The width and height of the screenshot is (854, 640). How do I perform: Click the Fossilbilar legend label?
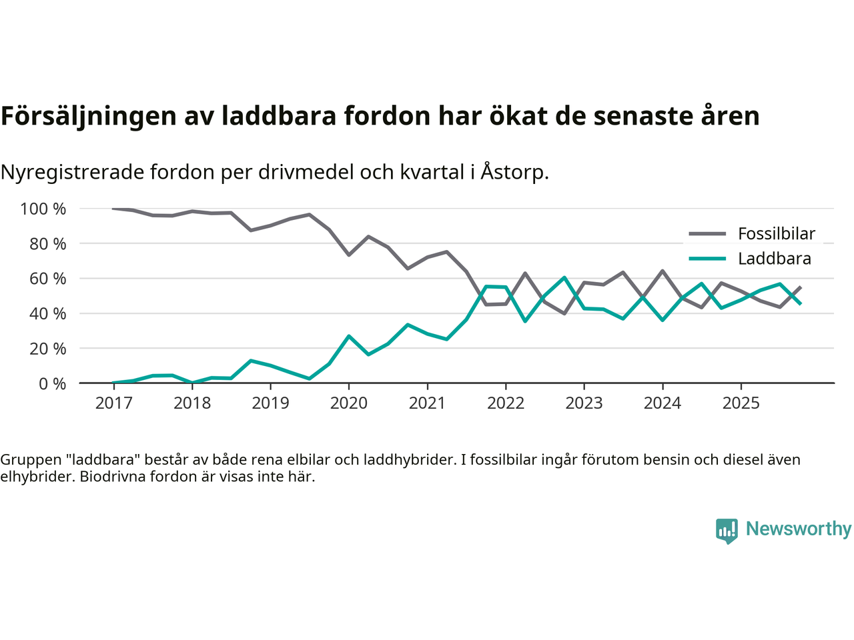tap(776, 234)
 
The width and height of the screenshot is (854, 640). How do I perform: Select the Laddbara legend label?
tap(774, 259)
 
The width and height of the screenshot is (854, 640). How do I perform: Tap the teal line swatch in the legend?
tap(707, 259)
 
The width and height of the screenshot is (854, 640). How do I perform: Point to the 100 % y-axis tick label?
tap(43, 209)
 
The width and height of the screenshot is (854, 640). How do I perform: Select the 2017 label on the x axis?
tap(113, 403)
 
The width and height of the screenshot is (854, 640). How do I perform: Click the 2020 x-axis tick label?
tap(349, 403)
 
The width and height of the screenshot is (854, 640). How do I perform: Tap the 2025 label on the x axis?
tap(741, 403)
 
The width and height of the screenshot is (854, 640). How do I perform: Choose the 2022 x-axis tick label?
tap(506, 403)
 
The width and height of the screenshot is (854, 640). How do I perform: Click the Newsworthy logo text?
tap(798, 529)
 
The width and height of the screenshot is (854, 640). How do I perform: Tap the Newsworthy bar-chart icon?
tap(727, 531)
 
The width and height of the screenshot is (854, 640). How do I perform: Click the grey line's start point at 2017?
tap(113, 209)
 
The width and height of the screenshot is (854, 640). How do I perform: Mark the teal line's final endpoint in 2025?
tap(801, 303)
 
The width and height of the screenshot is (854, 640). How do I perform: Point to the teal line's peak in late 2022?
tap(564, 277)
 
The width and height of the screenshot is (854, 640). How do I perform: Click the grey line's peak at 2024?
tap(663, 271)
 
